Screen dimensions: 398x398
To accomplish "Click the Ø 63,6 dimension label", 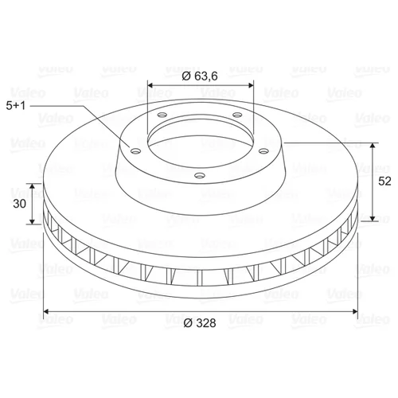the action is point(200,76).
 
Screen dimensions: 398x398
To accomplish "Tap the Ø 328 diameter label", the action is point(200,323).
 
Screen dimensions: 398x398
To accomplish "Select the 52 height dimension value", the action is point(384,181).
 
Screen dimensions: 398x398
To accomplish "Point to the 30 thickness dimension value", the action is point(19,204).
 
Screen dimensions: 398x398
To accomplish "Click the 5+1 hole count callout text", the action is point(16,106).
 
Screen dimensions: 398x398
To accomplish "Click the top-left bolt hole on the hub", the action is point(162,115).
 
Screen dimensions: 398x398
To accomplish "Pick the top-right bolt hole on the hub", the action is point(237,115).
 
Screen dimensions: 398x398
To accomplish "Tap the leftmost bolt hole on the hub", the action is point(136,151).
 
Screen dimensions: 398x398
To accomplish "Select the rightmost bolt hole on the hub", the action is point(263,151).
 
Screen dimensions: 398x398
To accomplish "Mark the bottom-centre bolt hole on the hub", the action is point(200,175).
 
